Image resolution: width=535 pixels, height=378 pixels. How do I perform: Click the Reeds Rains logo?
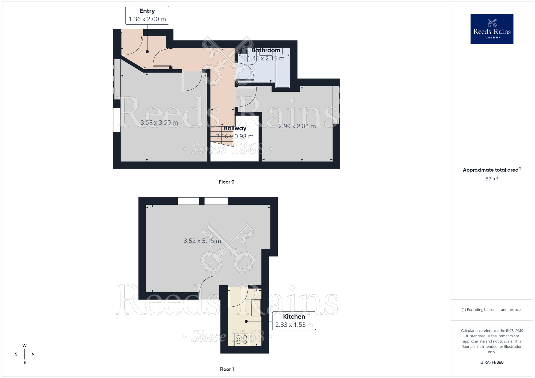pyautogui.click(x=492, y=29)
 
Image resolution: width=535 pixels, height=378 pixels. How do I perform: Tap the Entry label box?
pyautogui.click(x=147, y=15)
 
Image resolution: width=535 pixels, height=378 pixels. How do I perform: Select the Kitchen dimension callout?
pyautogui.click(x=294, y=321)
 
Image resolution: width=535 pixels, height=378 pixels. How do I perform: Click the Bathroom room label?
pyautogui.click(x=266, y=50)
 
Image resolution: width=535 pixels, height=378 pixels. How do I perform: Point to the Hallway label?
pyautogui.click(x=235, y=128)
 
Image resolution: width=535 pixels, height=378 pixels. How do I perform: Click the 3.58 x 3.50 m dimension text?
pyautogui.click(x=159, y=123)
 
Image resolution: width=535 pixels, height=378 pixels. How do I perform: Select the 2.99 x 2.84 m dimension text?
pyautogui.click(x=297, y=126)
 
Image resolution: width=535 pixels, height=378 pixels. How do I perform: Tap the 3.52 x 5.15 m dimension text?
pyautogui.click(x=202, y=241)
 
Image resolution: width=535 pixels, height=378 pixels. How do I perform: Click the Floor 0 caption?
pyautogui.click(x=227, y=182)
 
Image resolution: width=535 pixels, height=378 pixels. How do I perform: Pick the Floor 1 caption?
pyautogui.click(x=227, y=369)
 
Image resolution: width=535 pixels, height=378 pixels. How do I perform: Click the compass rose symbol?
pyautogui.click(x=25, y=354)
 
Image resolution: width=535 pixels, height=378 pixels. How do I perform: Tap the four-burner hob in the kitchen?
pyautogui.click(x=242, y=340)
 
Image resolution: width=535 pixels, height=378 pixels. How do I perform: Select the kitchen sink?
pyautogui.click(x=256, y=308)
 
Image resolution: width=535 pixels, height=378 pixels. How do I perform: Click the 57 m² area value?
pyautogui.click(x=492, y=179)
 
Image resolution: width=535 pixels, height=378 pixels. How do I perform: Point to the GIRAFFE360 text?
pyautogui.click(x=492, y=362)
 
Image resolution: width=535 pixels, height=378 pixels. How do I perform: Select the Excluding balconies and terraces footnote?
pyautogui.click(x=492, y=310)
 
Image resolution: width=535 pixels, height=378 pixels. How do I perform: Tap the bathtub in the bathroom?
pyautogui.click(x=282, y=68)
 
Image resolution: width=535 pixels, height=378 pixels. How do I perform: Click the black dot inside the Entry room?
pyautogui.click(x=147, y=52)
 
